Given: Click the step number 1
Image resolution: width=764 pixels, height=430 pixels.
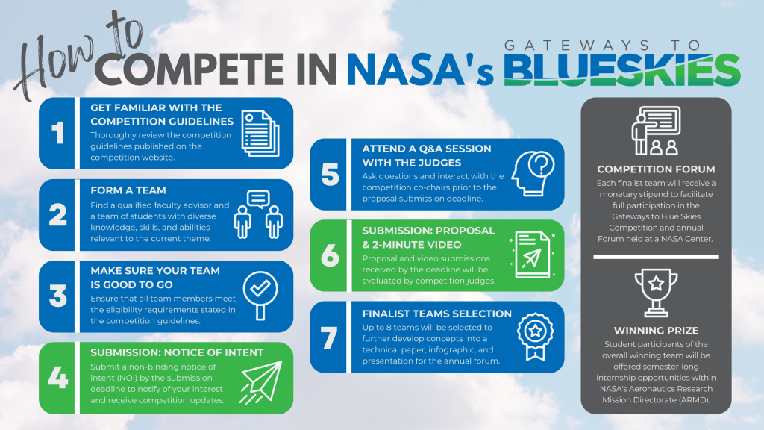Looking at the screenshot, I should (57, 134).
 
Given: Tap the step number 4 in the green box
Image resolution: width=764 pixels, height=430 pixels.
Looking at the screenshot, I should (57, 378).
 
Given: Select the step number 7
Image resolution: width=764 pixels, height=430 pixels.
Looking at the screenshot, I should (328, 337).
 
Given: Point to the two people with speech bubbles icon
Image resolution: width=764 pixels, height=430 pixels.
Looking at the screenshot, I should (257, 214).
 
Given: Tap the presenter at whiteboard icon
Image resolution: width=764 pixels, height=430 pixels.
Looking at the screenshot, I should (656, 131).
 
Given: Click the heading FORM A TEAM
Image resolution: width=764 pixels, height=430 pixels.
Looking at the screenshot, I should (128, 190).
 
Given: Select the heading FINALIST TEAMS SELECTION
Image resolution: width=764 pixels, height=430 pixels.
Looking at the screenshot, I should (436, 314).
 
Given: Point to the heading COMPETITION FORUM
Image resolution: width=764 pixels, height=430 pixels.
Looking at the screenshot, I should (656, 169).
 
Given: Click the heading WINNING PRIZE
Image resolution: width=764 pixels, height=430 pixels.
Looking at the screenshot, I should (656, 329).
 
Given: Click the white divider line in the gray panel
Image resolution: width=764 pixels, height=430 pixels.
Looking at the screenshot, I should (656, 257).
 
